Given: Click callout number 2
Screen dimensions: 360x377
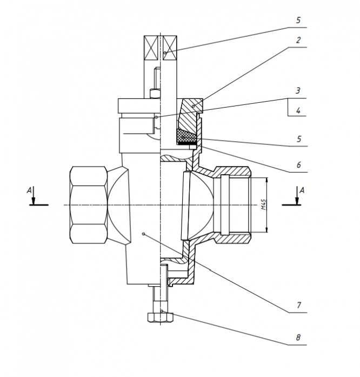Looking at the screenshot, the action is [x=298, y=40].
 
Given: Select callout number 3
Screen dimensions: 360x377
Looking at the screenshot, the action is [x=298, y=91].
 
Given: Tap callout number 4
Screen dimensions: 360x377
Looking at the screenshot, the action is [x=298, y=110].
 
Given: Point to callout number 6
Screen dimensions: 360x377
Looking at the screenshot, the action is [x=298, y=165].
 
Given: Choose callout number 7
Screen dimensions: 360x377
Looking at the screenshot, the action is [x=299, y=305].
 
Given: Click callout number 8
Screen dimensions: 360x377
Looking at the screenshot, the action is [x=298, y=338].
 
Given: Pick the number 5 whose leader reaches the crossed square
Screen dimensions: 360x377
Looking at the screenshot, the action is [x=298, y=20].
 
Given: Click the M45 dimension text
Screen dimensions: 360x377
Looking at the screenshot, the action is [x=264, y=204].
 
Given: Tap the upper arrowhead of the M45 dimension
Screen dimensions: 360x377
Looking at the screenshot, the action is [x=266, y=180].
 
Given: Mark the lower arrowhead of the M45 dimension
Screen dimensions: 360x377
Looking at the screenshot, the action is [x=266, y=230].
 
